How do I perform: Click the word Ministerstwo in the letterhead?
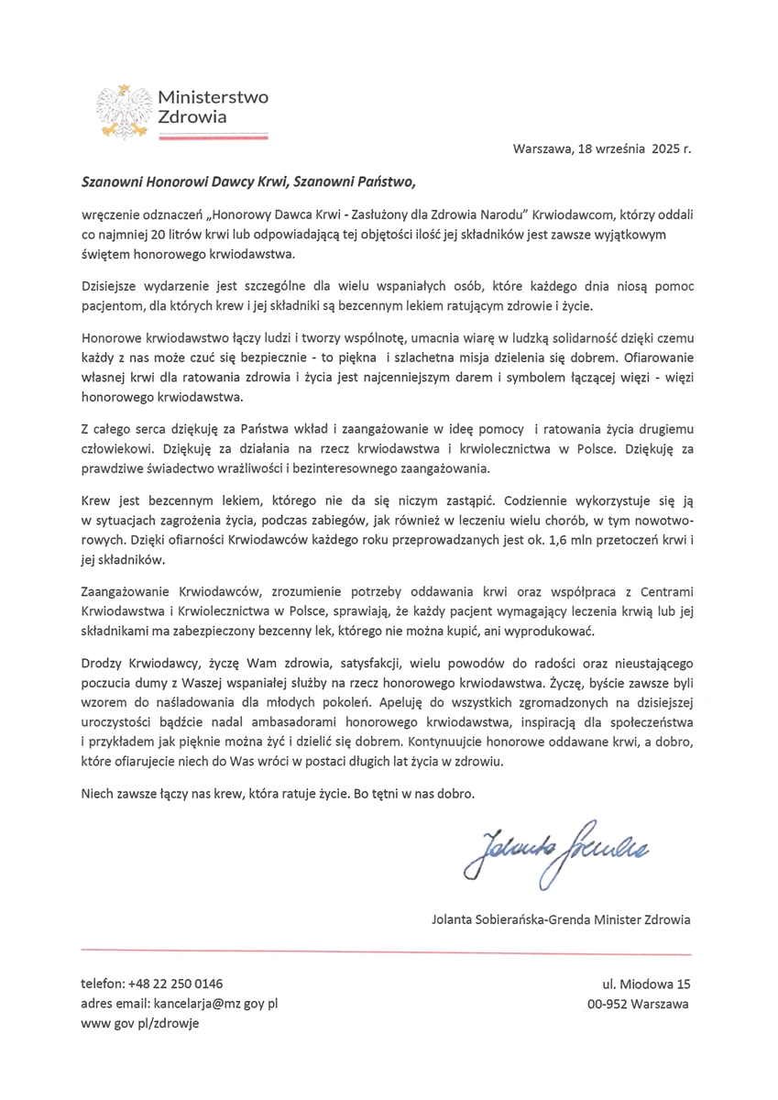pos(213,97)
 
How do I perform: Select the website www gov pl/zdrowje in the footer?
pos(139,1023)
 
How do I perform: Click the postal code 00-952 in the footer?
pos(608,1004)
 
